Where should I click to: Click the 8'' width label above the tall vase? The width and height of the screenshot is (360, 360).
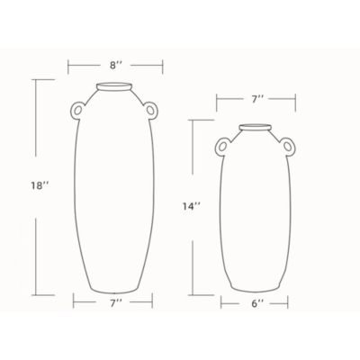click(116, 66)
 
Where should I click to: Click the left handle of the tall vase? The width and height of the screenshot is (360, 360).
click(78, 110)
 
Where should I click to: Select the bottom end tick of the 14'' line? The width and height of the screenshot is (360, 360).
click(192, 294)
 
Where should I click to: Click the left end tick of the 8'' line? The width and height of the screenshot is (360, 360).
click(69, 66)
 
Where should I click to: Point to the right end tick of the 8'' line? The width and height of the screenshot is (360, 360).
click(163, 66)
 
